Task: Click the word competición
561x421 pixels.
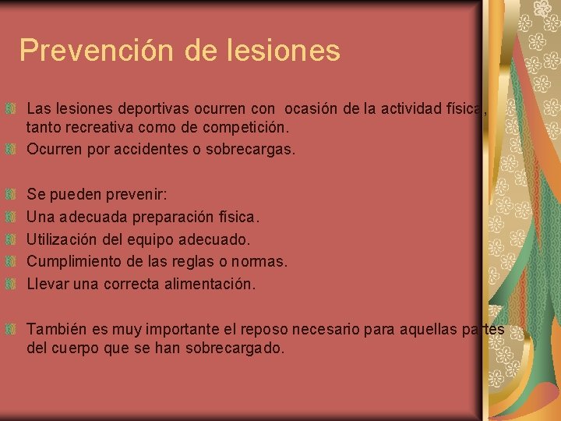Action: [249, 126]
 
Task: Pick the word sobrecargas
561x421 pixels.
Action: [250, 149]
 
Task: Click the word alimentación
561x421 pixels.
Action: [210, 284]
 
